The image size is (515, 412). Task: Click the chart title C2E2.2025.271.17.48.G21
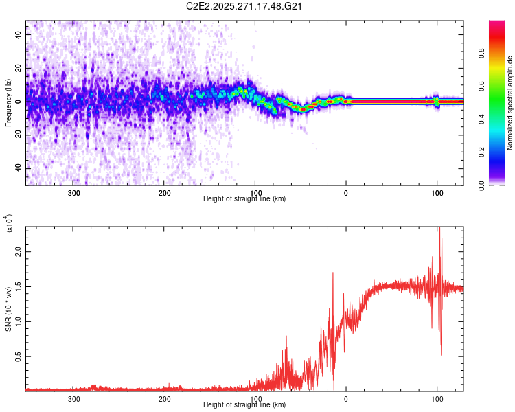245,6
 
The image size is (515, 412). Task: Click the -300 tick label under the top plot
73,192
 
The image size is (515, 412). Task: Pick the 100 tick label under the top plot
437,192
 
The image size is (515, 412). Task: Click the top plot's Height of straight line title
244,199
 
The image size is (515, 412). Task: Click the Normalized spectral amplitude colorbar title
510,103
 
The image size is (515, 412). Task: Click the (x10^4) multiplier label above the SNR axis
10,224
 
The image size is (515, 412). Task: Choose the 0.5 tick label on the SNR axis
16,356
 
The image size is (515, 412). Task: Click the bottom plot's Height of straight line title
244,405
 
